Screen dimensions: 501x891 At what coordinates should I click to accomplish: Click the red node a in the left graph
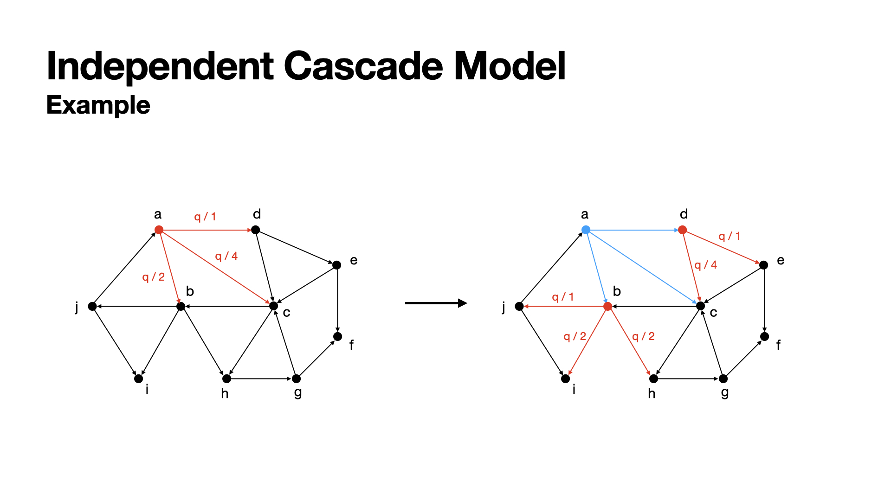click(159, 230)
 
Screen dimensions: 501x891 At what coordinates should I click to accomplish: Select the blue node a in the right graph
click(586, 230)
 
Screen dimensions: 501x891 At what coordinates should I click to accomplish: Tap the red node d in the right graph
click(682, 230)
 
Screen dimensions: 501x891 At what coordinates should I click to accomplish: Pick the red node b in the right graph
click(607, 306)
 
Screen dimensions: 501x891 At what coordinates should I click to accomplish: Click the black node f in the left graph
click(337, 336)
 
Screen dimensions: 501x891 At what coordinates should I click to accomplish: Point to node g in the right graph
click(723, 379)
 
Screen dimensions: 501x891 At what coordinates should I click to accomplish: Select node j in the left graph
click(92, 306)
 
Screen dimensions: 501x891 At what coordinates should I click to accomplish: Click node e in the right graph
click(764, 265)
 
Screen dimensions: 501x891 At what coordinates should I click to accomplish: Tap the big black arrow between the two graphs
click(436, 303)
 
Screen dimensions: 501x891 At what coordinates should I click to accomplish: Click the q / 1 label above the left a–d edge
click(205, 217)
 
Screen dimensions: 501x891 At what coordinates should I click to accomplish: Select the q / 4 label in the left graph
click(226, 256)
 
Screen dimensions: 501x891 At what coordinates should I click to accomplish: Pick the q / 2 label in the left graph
click(154, 277)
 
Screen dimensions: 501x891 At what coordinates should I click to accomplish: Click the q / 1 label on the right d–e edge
click(730, 236)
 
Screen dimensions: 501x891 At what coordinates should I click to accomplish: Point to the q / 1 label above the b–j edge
click(563, 297)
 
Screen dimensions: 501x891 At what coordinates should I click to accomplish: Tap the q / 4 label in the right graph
click(706, 265)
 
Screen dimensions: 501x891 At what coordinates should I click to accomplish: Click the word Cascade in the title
click(364, 66)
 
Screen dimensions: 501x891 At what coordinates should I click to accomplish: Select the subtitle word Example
click(98, 105)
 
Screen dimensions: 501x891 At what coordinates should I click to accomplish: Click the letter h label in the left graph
click(225, 393)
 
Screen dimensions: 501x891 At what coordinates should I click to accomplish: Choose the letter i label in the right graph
click(574, 389)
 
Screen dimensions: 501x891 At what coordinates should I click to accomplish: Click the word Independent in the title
click(160, 66)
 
